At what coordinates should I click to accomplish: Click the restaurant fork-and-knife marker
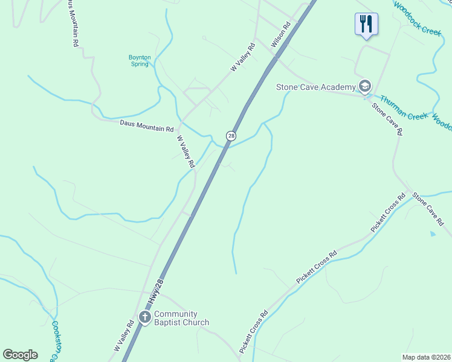point(366,25)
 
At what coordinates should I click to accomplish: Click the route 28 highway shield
point(231,136)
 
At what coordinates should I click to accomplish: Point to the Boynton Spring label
point(140,60)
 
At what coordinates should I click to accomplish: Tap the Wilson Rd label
point(281,35)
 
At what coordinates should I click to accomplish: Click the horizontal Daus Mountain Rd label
point(147,126)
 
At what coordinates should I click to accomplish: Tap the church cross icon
point(145,317)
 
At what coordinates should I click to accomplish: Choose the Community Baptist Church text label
point(181,318)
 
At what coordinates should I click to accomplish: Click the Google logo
point(20,354)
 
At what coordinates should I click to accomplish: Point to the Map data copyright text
point(426,357)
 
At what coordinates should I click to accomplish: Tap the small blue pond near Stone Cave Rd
point(432,233)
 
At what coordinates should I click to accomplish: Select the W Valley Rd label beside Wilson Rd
point(244,57)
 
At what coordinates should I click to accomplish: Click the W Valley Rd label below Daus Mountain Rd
point(186,151)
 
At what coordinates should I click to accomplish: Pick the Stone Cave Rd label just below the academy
point(387,119)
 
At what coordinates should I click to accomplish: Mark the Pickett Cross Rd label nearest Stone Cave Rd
point(389,214)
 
